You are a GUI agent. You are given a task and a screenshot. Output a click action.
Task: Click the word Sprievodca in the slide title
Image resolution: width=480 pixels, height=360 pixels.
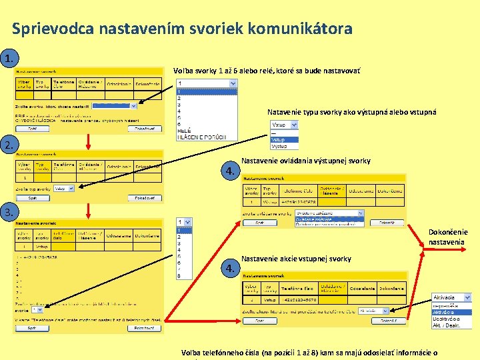pyautogui.click(x=53, y=29)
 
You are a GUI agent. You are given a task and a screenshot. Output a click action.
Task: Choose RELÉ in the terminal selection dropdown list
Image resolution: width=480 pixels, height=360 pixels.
pyautogui.click(x=183, y=131)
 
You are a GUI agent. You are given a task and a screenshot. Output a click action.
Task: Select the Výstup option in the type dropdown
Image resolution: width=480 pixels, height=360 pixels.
pyautogui.click(x=279, y=145)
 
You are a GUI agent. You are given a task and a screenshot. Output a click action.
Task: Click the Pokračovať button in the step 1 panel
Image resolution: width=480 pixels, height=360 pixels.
pyautogui.click(x=144, y=129)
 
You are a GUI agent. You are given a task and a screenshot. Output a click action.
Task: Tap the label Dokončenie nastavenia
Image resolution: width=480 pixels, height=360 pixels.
pyautogui.click(x=448, y=237)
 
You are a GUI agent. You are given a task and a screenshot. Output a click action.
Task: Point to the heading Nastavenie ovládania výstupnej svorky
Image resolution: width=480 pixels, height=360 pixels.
pyautogui.click(x=305, y=161)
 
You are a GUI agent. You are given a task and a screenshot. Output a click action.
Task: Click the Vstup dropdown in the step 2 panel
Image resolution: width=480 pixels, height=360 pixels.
pyautogui.click(x=64, y=189)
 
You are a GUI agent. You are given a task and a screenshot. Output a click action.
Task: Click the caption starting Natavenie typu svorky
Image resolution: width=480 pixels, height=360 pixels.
pyautogui.click(x=351, y=112)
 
